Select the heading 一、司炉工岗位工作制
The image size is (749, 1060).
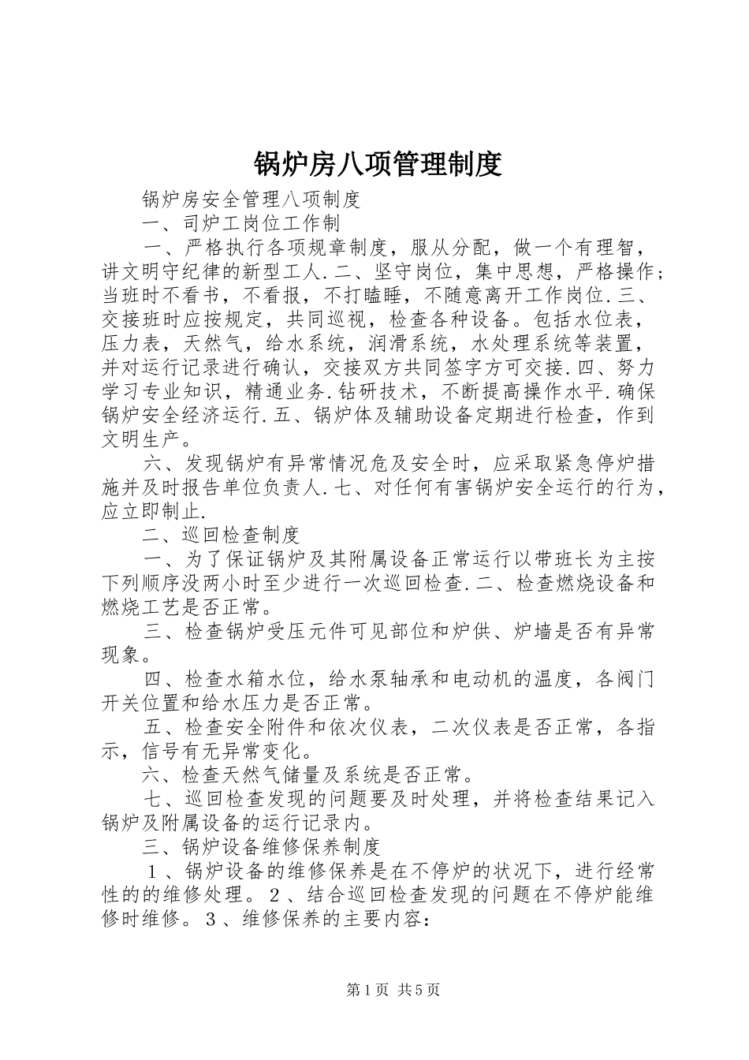click(241, 223)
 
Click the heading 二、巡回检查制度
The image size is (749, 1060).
click(222, 535)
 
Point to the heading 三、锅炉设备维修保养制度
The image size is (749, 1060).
click(262, 847)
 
